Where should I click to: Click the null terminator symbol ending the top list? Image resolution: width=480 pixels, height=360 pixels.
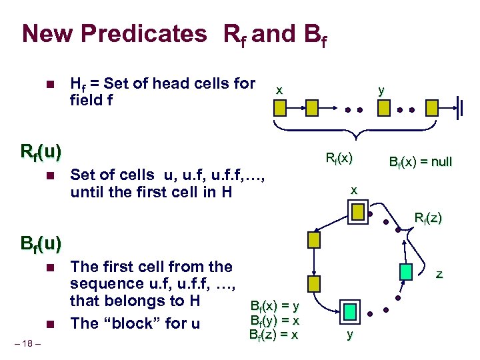(459, 107)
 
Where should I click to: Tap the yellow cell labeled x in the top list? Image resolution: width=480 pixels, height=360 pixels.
(281, 107)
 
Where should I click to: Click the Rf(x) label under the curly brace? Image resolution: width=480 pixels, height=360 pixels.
(339, 158)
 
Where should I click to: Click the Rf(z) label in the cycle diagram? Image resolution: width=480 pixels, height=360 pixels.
(428, 217)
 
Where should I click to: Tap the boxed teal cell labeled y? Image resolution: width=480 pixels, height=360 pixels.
(349, 311)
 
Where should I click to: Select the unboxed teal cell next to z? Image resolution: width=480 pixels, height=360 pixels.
(407, 271)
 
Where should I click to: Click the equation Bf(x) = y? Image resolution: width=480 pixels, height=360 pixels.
(273, 306)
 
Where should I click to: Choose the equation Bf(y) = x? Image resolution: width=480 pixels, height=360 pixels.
(273, 320)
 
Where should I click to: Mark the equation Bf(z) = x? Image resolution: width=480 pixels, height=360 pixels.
(273, 334)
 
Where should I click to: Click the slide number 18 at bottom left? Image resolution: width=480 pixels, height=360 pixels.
(30, 343)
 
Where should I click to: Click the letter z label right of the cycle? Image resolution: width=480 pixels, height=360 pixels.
(439, 273)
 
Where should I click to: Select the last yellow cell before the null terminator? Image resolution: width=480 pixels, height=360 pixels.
(433, 107)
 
